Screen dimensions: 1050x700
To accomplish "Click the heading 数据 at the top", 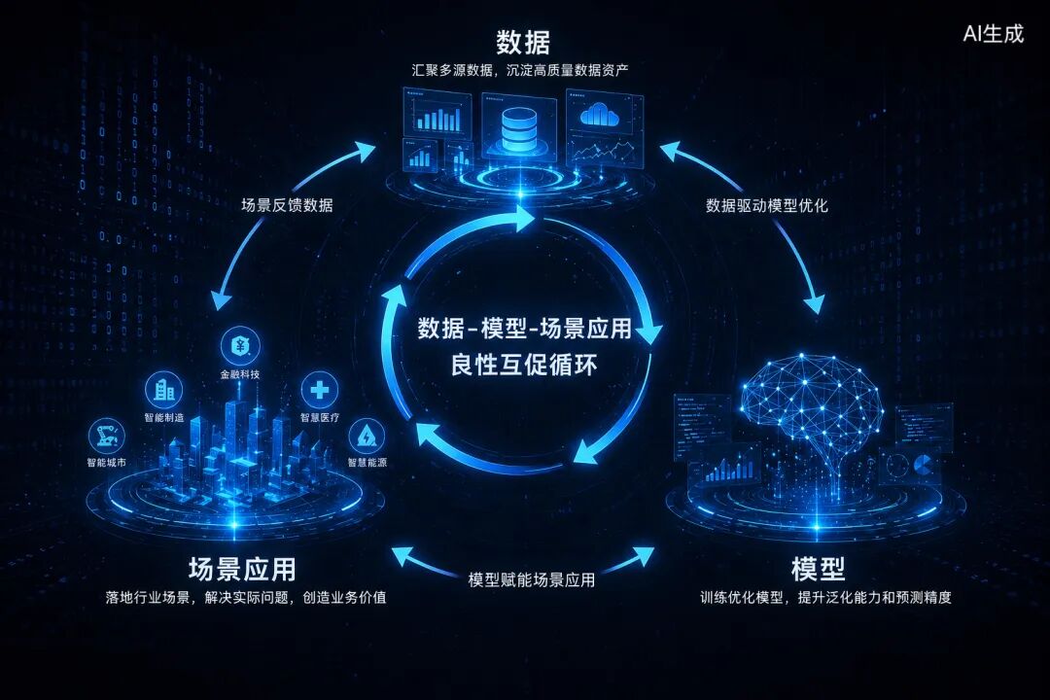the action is [x=523, y=42].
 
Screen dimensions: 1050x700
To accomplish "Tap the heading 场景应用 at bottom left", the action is [x=242, y=570].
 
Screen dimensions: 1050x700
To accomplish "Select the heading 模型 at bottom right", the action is [x=818, y=570].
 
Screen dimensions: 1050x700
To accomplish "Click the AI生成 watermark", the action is [x=993, y=33].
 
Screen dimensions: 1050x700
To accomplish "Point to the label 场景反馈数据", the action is [x=287, y=205].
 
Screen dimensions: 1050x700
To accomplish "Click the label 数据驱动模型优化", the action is [x=767, y=205].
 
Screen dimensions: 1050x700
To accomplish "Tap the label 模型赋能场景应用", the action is [x=531, y=580].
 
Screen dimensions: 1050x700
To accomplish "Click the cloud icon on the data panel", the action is [x=599, y=116].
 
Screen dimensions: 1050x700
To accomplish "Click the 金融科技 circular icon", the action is [x=240, y=346].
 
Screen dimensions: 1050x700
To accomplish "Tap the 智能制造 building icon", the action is [x=164, y=389].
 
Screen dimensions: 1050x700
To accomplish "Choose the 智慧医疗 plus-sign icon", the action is [x=320, y=389].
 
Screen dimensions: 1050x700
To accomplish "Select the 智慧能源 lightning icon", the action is [x=367, y=437].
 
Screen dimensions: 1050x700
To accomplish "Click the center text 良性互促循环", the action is [x=524, y=366].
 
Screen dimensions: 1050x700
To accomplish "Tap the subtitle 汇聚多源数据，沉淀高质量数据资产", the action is [x=520, y=70].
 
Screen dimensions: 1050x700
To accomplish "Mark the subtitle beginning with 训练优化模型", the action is [x=825, y=598].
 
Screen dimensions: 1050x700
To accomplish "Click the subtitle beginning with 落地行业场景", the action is [x=246, y=598].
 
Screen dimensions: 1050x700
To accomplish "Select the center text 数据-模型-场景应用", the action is [x=524, y=329].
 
